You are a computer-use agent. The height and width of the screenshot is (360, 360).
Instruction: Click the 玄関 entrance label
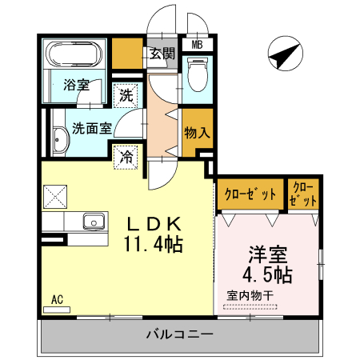click(x=162, y=54)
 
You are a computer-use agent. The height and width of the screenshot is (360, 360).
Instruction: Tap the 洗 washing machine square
click(x=127, y=96)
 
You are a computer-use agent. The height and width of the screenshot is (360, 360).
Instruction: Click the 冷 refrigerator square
click(x=126, y=156)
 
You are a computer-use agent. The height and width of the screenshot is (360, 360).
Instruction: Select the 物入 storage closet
click(x=195, y=132)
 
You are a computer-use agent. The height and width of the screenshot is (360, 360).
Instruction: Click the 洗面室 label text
click(x=91, y=126)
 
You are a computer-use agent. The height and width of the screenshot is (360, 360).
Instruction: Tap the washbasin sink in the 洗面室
click(x=61, y=142)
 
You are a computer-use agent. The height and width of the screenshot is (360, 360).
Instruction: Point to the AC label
click(x=57, y=299)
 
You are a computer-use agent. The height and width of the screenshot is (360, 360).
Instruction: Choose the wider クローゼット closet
click(x=250, y=194)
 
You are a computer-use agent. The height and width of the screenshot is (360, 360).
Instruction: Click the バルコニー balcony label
click(x=179, y=334)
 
